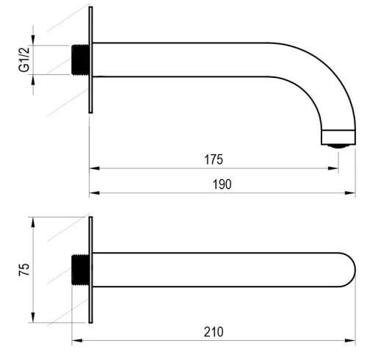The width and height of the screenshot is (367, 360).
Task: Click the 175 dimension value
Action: point(214,159)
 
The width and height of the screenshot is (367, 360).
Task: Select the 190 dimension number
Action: point(222,184)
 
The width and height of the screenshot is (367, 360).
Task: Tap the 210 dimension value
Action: point(214,332)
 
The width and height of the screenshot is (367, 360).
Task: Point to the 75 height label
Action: point(24,270)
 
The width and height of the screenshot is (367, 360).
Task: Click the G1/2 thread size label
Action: point(24,60)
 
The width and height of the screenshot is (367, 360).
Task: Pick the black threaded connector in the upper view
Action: point(80,60)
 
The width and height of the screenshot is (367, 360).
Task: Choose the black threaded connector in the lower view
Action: point(80,270)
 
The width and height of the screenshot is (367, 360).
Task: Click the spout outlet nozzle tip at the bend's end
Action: point(338,146)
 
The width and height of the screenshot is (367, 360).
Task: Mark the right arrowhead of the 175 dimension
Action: point(333,168)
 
